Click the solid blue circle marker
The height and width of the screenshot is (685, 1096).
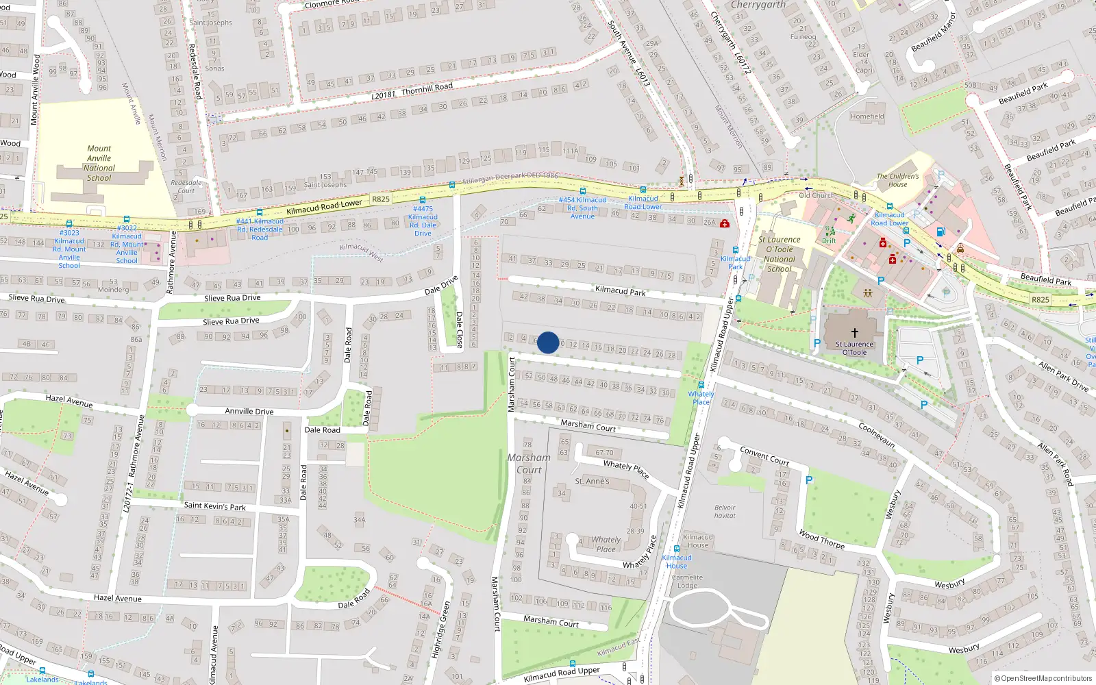pyautogui.click(x=548, y=342)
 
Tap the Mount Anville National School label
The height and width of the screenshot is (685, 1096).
pyautogui.click(x=99, y=163)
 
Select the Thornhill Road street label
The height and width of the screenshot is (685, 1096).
pyautogui.click(x=427, y=89)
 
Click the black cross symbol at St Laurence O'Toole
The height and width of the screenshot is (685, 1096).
pyautogui.click(x=854, y=333)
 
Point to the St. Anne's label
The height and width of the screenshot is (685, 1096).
pyautogui.click(x=592, y=482)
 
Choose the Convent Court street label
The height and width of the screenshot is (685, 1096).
pyautogui.click(x=764, y=456)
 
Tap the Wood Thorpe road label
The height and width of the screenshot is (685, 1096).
pyautogui.click(x=821, y=539)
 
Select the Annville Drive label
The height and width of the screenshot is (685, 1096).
pyautogui.click(x=249, y=411)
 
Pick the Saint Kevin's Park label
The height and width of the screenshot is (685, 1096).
pyautogui.click(x=214, y=506)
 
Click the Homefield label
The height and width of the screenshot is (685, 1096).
pyautogui.click(x=867, y=116)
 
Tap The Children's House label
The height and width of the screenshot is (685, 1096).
pyautogui.click(x=897, y=180)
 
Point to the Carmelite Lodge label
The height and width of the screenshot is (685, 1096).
pyautogui.click(x=687, y=582)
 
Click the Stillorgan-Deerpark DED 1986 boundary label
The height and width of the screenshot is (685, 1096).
pyautogui.click(x=510, y=178)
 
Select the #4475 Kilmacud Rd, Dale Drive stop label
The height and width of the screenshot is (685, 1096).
pyautogui.click(x=423, y=221)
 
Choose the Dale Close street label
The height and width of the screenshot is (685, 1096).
pyautogui.click(x=460, y=329)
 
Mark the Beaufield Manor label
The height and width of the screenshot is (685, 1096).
pyautogui.click(x=933, y=32)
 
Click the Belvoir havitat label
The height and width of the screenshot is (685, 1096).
pyautogui.click(x=725, y=512)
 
